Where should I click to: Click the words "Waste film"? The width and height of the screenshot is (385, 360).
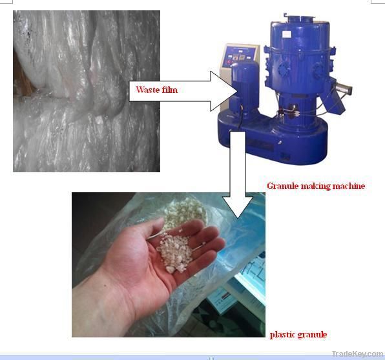click(156, 90)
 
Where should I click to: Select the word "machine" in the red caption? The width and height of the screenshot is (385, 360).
click(346, 186)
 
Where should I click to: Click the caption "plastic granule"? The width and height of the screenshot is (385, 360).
click(298, 334)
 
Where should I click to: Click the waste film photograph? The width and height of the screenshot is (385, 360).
click(87, 91)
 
